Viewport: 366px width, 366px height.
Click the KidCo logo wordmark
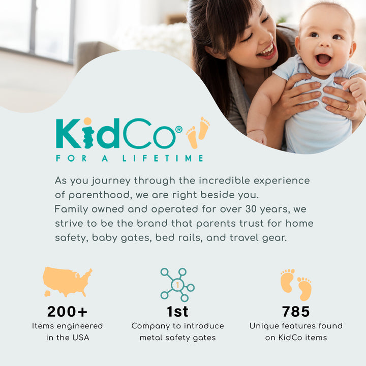tap(115, 133)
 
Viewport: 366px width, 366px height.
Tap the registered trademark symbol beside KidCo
tap(178, 130)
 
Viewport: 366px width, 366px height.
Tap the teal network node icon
tap(177, 285)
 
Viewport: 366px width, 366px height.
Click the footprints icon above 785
tap(296, 285)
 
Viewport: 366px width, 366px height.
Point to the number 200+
tap(67, 311)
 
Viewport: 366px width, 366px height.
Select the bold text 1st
tap(177, 311)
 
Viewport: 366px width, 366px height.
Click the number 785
tap(296, 311)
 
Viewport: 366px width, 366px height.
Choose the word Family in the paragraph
tap(72, 209)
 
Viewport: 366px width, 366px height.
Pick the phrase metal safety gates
tap(177, 338)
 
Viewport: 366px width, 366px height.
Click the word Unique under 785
tap(264, 326)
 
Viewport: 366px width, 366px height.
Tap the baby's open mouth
tap(323, 59)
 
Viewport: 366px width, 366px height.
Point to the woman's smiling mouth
tap(265, 51)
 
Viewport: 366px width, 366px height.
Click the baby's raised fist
tap(357, 87)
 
